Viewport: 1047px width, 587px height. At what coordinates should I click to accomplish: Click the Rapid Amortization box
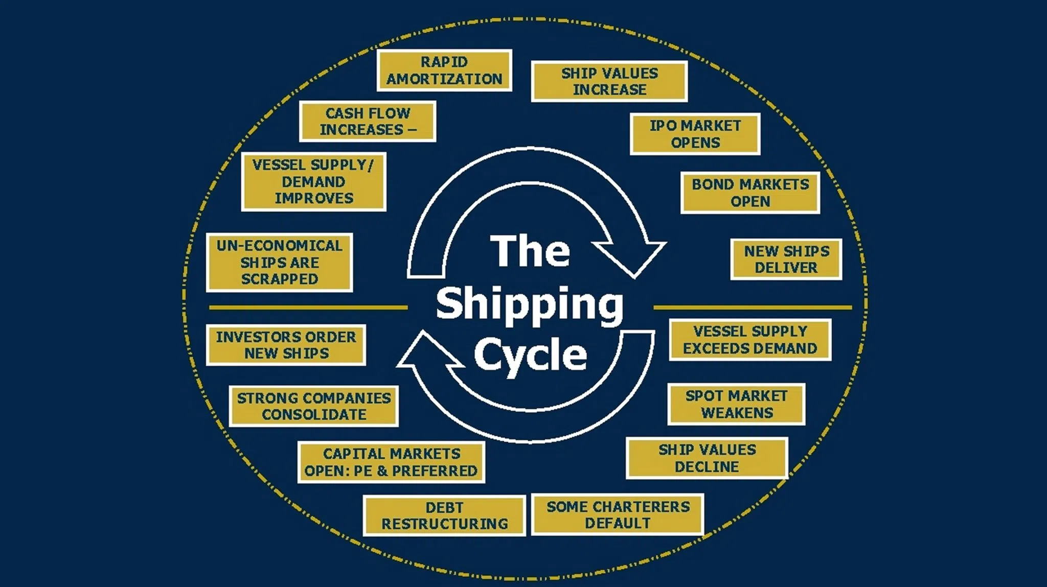pyautogui.click(x=444, y=71)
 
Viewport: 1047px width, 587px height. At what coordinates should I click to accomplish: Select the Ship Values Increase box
pyautogui.click(x=609, y=81)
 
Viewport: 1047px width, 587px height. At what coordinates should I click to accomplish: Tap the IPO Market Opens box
pyautogui.click(x=695, y=134)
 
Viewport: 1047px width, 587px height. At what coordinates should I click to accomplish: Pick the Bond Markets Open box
pyautogui.click(x=750, y=193)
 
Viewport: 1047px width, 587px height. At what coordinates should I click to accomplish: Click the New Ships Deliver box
pyautogui.click(x=786, y=259)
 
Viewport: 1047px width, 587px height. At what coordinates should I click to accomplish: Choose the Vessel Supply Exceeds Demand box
pyautogui.click(x=750, y=340)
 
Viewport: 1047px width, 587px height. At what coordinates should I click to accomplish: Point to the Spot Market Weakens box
pyautogui.click(x=736, y=404)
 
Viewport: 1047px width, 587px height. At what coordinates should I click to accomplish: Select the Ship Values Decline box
pyautogui.click(x=707, y=458)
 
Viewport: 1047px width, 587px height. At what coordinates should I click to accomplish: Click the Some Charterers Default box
pyautogui.click(x=618, y=514)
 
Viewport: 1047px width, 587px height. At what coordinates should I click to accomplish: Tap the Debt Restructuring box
pyautogui.click(x=444, y=515)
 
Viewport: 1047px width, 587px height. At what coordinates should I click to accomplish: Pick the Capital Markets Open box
pyautogui.click(x=391, y=462)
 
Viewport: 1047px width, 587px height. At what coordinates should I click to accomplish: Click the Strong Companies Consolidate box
pyautogui.click(x=313, y=406)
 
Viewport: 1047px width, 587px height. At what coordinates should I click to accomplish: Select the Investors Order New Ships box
pyautogui.click(x=286, y=345)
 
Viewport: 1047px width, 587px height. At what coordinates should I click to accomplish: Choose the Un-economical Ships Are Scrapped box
pyautogui.click(x=279, y=263)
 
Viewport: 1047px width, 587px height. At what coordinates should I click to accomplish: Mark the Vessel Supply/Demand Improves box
pyautogui.click(x=313, y=181)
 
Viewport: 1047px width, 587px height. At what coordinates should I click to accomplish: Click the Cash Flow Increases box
pyautogui.click(x=368, y=121)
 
